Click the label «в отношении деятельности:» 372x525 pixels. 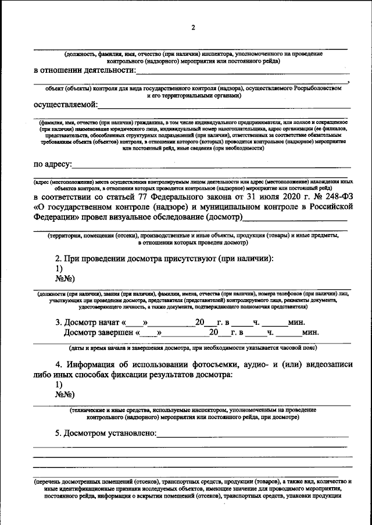coord(84,71)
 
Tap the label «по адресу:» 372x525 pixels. coord(52,165)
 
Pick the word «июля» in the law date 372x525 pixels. coord(254,196)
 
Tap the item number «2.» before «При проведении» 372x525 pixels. coord(59,258)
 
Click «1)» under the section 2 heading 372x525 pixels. coord(59,269)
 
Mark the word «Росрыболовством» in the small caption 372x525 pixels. coord(315,88)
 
